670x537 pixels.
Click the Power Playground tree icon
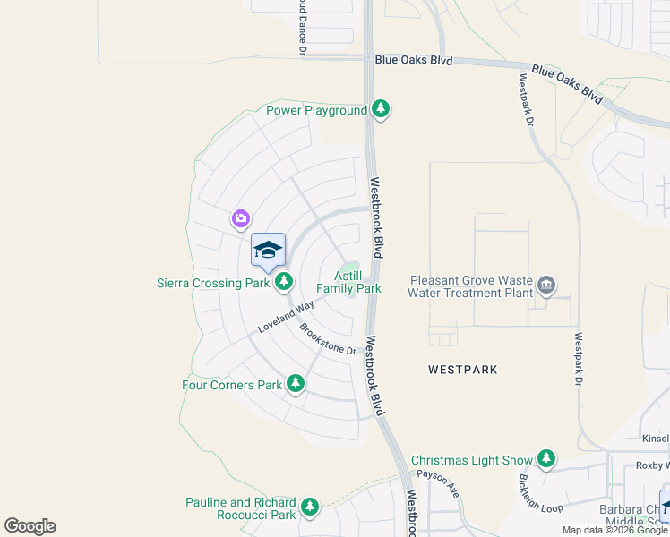pyautogui.click(x=381, y=109)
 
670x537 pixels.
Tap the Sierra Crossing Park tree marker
pyautogui.click(x=284, y=283)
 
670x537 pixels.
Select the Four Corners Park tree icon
pyautogui.click(x=296, y=385)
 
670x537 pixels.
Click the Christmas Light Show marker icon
pyautogui.click(x=545, y=460)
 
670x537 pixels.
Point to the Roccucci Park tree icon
pyautogui.click(x=310, y=507)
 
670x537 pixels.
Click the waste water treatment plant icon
pyautogui.click(x=546, y=286)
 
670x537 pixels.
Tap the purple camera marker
pyautogui.click(x=240, y=218)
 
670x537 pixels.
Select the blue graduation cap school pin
pyautogui.click(x=268, y=251)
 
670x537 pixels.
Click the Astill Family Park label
pyautogui.click(x=349, y=282)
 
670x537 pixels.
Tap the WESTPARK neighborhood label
pyautogui.click(x=462, y=369)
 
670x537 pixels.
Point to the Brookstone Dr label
pyautogui.click(x=329, y=338)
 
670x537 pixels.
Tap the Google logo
pyautogui.click(x=30, y=526)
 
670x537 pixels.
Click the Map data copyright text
pyautogui.click(x=615, y=530)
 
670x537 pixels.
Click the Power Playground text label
pyautogui.click(x=317, y=110)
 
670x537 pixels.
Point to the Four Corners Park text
pyautogui.click(x=232, y=386)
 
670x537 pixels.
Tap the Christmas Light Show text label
pyautogui.click(x=471, y=460)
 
